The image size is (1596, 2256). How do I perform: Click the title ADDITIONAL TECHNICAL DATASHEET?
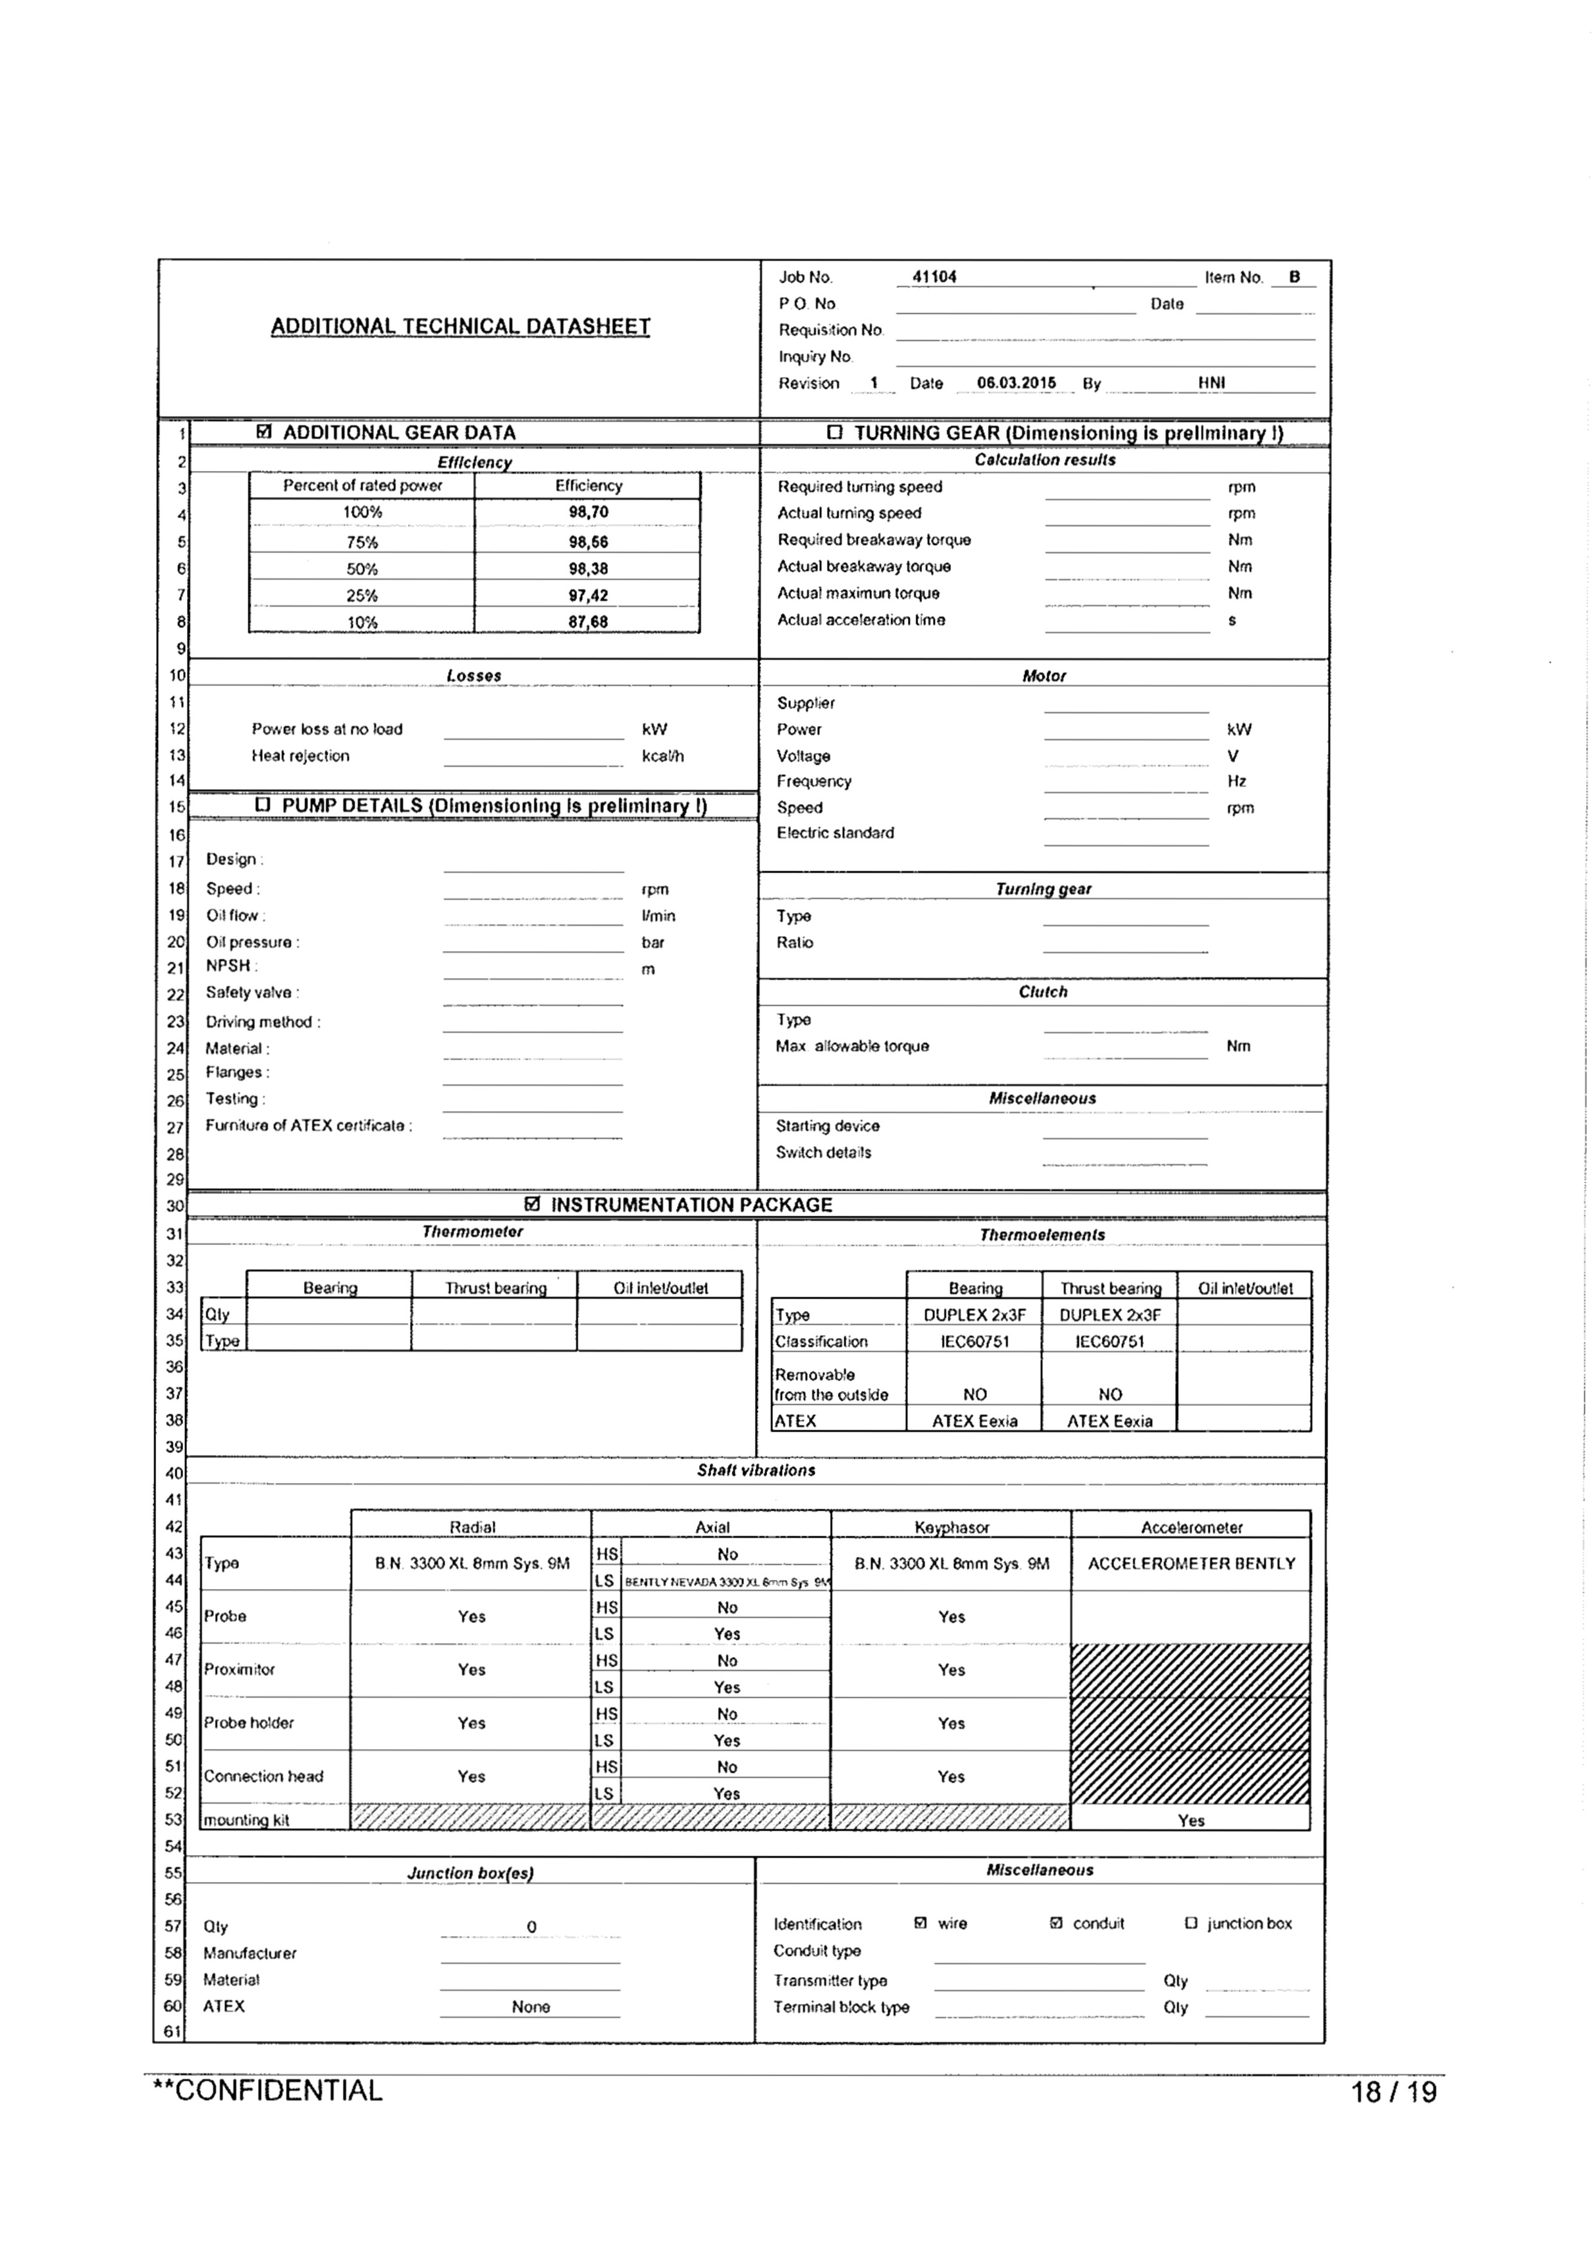(460, 327)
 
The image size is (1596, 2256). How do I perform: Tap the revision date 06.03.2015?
(1016, 383)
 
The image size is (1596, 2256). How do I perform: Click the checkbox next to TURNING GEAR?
(835, 432)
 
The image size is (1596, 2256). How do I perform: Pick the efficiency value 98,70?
(588, 512)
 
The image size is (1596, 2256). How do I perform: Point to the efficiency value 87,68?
(588, 622)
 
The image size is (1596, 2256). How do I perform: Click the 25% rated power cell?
(362, 596)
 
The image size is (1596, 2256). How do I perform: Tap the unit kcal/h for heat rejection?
(662, 756)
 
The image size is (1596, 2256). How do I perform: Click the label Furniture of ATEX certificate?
(308, 1126)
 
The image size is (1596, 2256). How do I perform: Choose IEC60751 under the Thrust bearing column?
(1110, 1342)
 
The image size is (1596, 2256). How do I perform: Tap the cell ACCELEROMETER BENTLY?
(1191, 1563)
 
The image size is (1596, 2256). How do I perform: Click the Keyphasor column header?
(952, 1527)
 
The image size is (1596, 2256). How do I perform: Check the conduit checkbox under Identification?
(1056, 1923)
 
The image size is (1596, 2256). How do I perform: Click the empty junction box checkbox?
(1191, 1923)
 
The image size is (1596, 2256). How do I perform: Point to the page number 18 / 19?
(1394, 2092)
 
